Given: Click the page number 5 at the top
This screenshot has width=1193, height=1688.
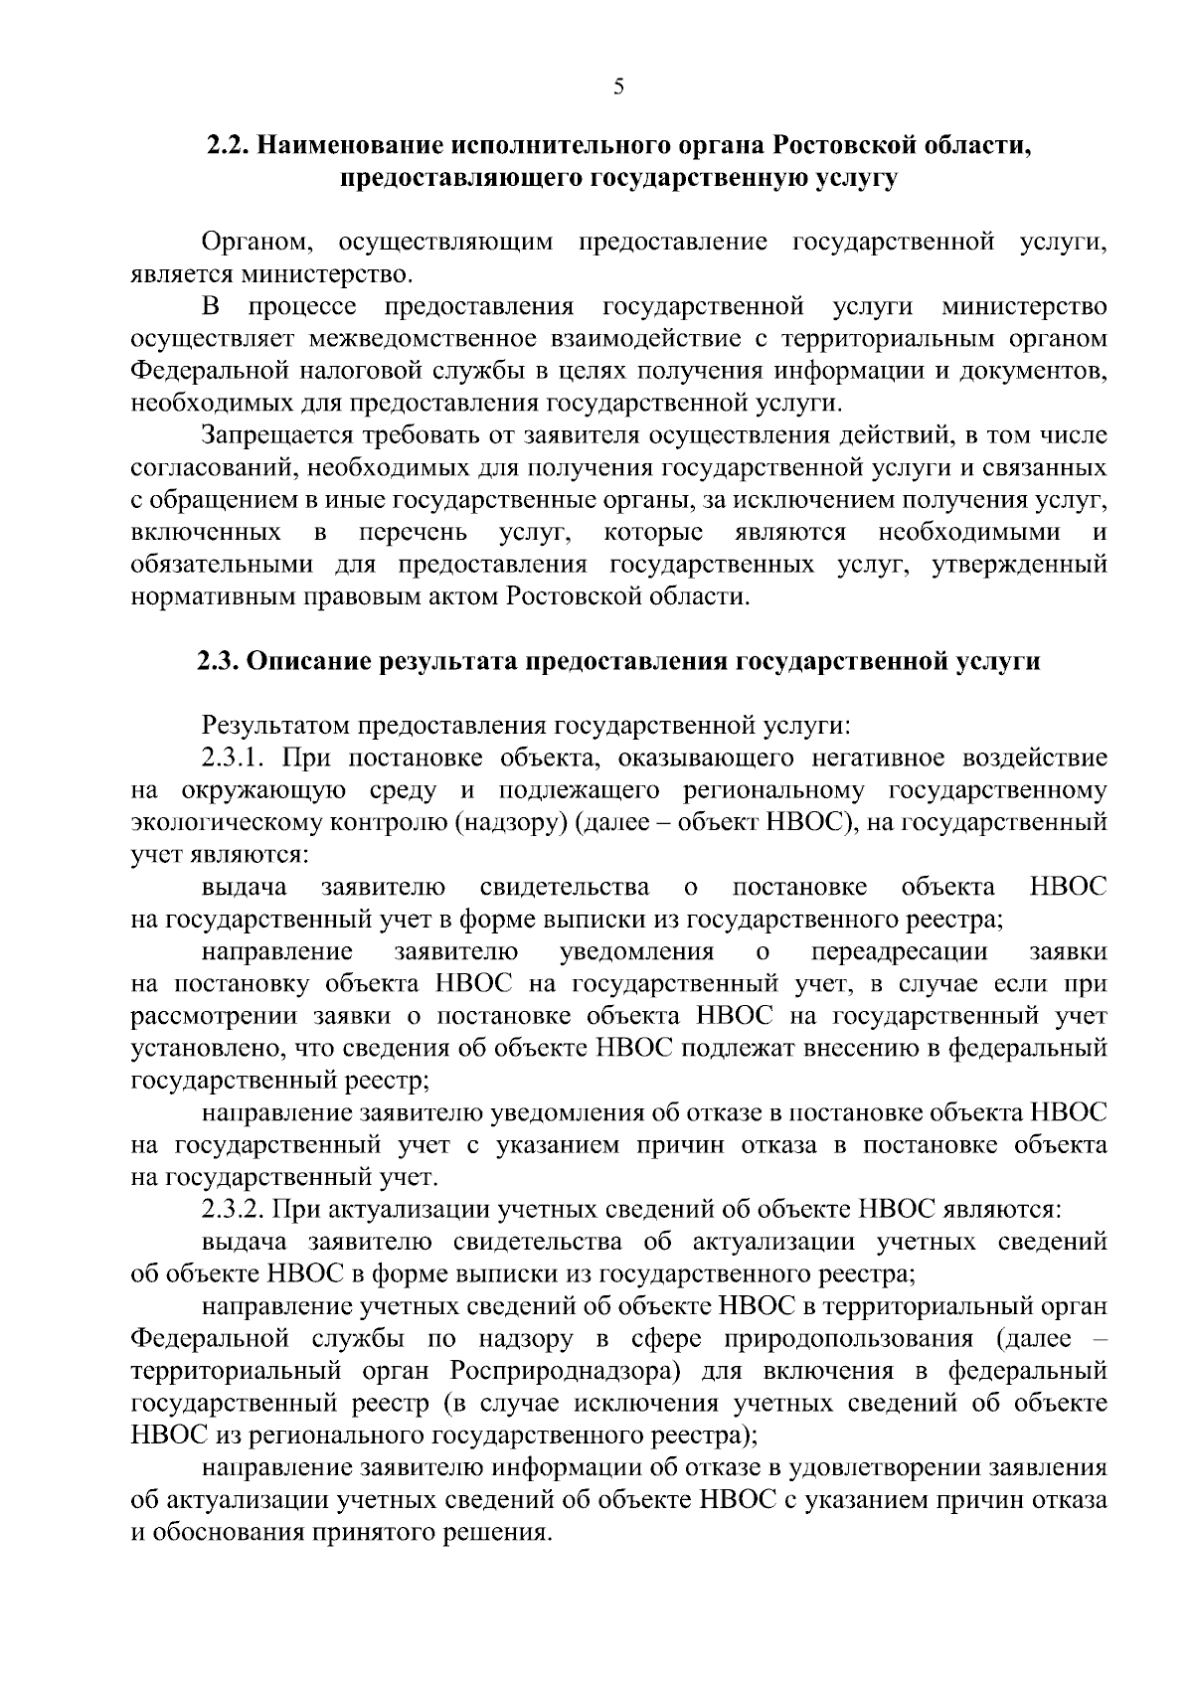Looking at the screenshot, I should (618, 87).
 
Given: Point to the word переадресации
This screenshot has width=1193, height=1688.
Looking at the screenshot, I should (900, 952).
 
